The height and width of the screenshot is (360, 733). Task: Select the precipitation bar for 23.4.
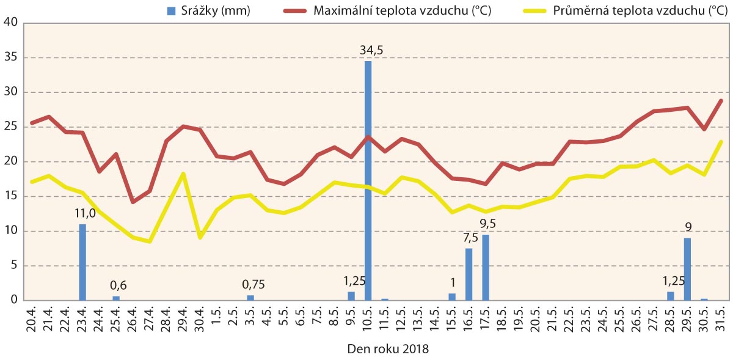[82, 262]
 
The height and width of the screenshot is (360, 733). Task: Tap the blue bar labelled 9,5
[486, 267]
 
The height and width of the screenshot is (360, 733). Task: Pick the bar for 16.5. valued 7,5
[469, 274]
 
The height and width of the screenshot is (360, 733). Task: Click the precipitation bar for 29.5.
[687, 269]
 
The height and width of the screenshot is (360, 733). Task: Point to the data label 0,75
[250, 284]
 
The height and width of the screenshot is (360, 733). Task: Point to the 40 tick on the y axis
[10, 23]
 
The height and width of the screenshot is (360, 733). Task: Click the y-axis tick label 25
[10, 127]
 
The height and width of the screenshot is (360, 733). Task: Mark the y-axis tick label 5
[14, 266]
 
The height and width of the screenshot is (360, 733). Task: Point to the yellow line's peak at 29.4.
[183, 174]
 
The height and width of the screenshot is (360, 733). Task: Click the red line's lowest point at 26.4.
[133, 201]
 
